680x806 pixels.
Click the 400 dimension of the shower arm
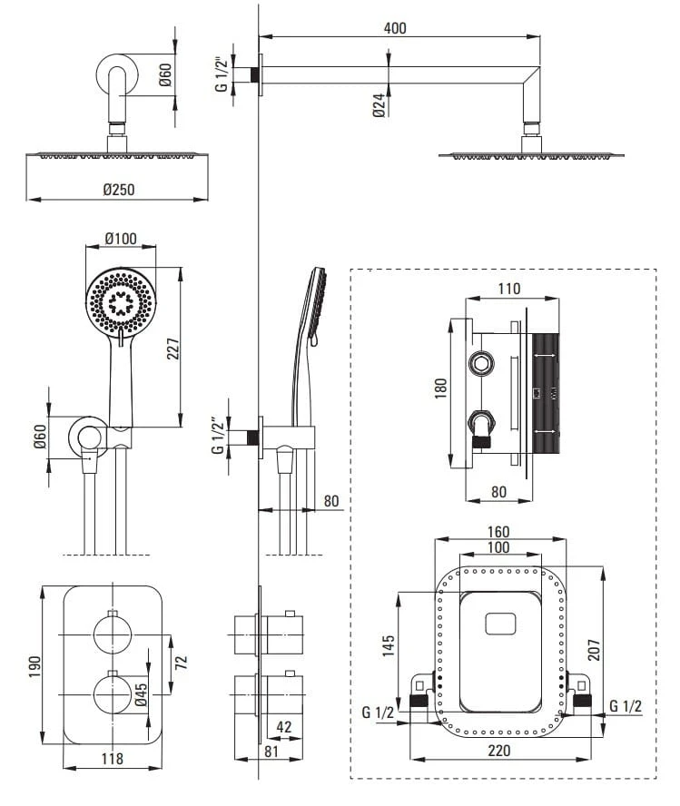coord(395,27)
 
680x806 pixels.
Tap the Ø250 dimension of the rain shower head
coord(118,190)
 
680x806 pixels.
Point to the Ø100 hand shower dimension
coord(120,239)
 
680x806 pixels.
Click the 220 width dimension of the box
coord(498,751)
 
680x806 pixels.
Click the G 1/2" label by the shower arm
coord(220,74)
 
